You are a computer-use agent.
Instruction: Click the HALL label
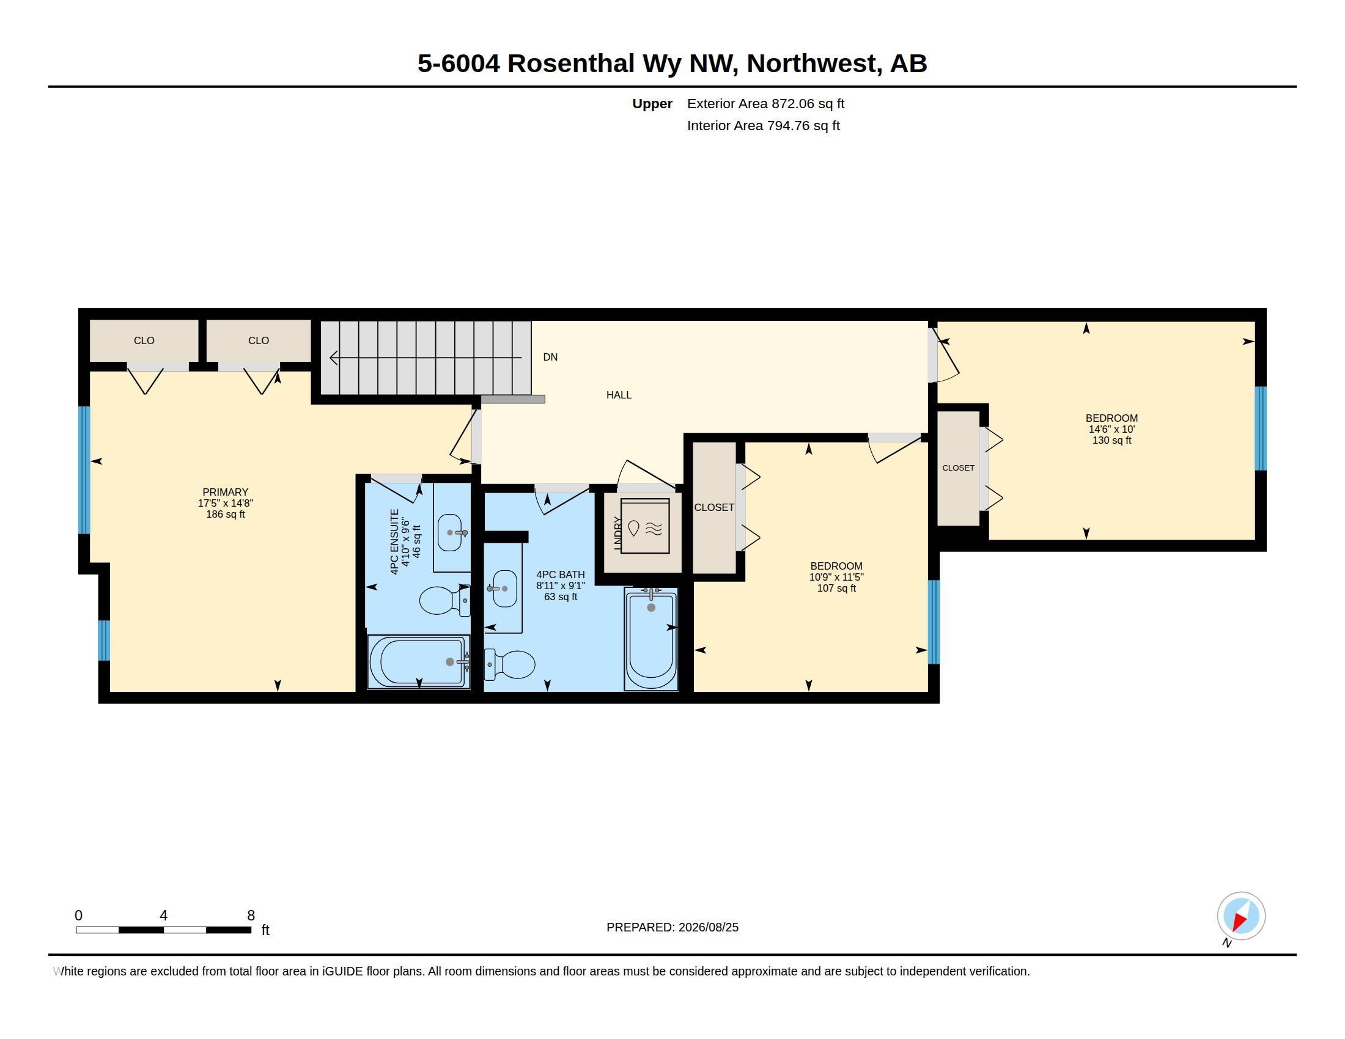click(x=618, y=395)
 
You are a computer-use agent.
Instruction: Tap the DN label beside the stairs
click(x=550, y=357)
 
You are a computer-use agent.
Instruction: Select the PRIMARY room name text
click(x=226, y=492)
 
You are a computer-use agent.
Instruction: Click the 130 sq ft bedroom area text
click(x=1111, y=440)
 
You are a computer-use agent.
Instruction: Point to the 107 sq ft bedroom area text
click(x=836, y=588)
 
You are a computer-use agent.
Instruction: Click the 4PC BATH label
click(x=561, y=575)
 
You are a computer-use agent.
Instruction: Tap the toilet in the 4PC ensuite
click(x=444, y=600)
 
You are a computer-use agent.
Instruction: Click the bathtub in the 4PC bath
click(x=651, y=639)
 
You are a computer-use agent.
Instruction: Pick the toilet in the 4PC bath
click(x=509, y=665)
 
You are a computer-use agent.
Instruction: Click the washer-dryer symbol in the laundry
click(x=645, y=527)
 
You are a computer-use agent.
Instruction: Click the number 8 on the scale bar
click(x=251, y=916)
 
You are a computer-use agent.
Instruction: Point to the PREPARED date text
click(x=672, y=927)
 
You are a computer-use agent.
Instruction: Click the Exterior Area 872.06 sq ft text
click(x=765, y=103)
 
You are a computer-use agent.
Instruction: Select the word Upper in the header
click(x=652, y=103)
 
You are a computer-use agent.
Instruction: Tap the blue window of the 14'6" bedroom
click(x=1261, y=428)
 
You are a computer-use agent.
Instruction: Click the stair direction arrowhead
click(x=334, y=357)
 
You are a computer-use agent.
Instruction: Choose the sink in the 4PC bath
click(x=504, y=589)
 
